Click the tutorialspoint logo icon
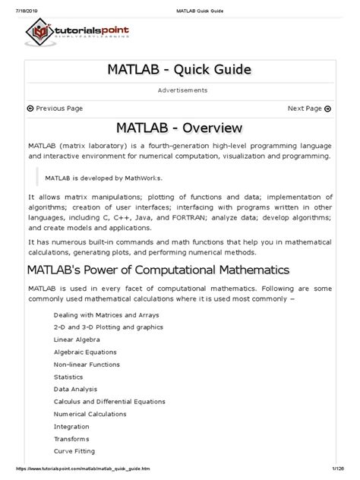click(42, 33)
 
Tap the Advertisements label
click(179, 90)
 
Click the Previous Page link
click(55, 109)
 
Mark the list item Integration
click(72, 427)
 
